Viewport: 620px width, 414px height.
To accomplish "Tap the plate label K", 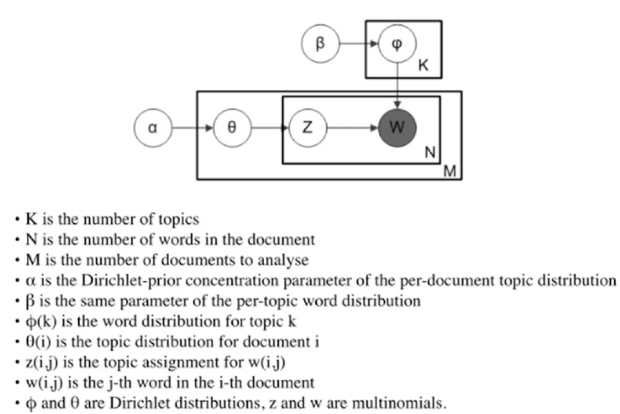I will (x=423, y=66).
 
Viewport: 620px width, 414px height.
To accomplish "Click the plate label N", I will (x=430, y=154).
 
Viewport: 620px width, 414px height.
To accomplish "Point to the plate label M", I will (x=450, y=171).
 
